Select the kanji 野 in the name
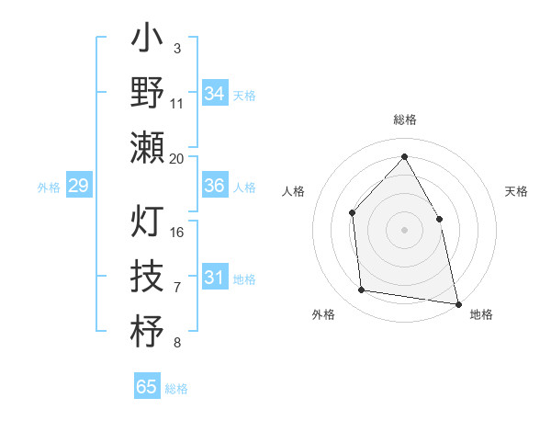[x=147, y=94]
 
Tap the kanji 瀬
[x=147, y=148]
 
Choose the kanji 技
[x=147, y=277]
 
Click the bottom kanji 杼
[x=147, y=332]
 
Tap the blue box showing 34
[x=215, y=94]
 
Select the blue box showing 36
[x=215, y=186]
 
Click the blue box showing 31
[x=215, y=278]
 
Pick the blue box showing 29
[x=78, y=187]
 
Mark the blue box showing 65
[x=147, y=387]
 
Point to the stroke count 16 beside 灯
[x=177, y=232]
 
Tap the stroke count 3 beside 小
[x=176, y=48]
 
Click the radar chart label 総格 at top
[x=404, y=119]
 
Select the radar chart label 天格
[x=516, y=191]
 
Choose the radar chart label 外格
[x=323, y=314]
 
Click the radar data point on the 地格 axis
[x=457, y=303]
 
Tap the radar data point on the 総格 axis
[x=404, y=157]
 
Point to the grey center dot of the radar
[x=404, y=230]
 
